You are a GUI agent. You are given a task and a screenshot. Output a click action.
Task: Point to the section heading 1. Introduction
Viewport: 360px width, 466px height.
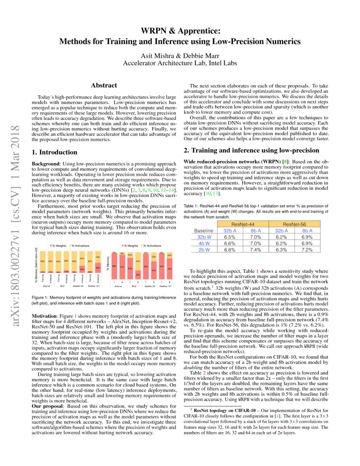point(55,152)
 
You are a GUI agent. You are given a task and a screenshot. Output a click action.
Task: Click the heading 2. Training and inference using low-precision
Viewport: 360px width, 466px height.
point(251,150)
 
